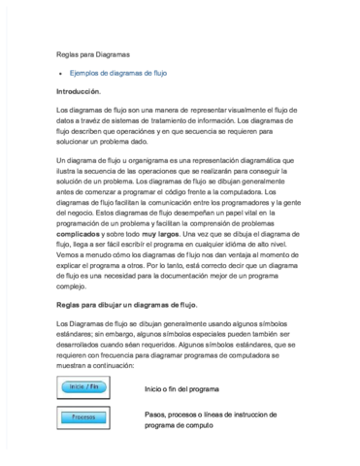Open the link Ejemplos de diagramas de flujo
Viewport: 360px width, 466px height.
click(118, 73)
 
